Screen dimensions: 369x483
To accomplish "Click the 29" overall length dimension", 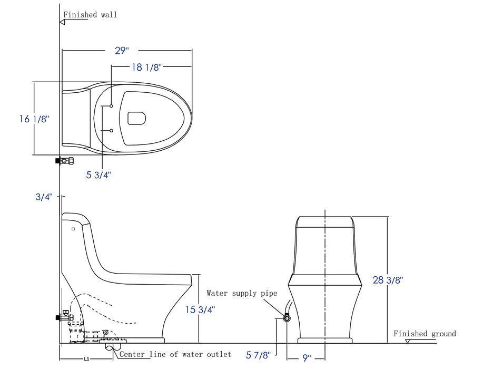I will [122, 51].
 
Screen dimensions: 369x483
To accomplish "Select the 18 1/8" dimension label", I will [145, 67].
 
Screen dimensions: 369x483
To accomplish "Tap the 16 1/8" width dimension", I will [34, 119].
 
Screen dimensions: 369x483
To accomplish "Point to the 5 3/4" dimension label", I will [99, 175].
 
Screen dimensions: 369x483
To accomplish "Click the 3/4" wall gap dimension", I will [44, 197].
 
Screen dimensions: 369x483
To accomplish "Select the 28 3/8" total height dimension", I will [388, 280].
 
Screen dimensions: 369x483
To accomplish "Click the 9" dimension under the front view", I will [307, 358].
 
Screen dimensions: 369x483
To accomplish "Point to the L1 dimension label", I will [86, 359].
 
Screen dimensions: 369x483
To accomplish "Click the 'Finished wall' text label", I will [90, 15].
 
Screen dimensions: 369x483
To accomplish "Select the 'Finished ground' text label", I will [425, 334].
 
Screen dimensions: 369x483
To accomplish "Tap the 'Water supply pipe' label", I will [242, 293].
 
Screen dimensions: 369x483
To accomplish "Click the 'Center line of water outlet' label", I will [175, 354].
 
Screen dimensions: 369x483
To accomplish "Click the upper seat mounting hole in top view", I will [112, 106].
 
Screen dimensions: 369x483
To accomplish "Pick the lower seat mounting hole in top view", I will [112, 130].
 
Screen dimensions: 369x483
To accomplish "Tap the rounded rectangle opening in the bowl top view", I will [137, 118].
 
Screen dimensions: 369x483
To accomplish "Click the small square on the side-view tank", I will [73, 229].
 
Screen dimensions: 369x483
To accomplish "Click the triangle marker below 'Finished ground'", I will [407, 341].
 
